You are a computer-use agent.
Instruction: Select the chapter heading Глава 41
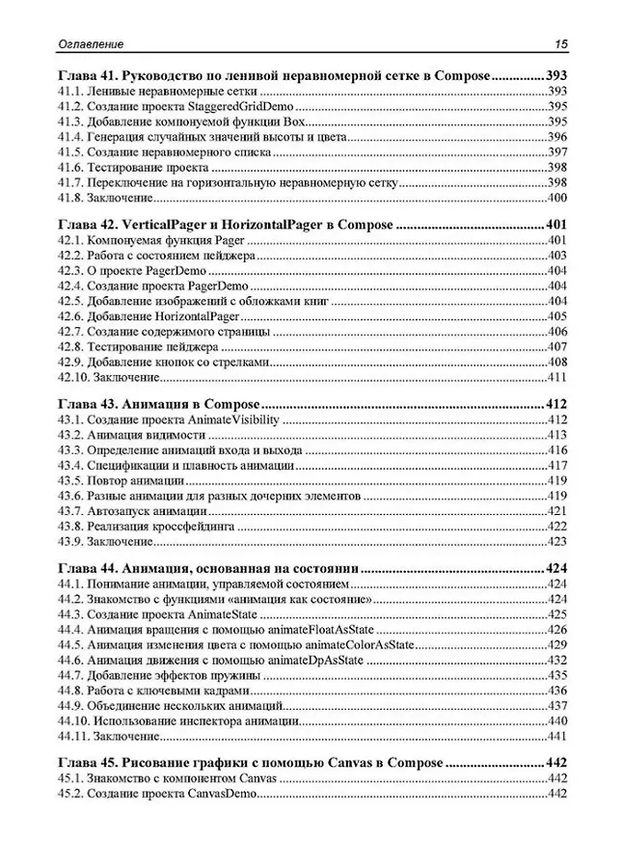coord(86,74)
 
